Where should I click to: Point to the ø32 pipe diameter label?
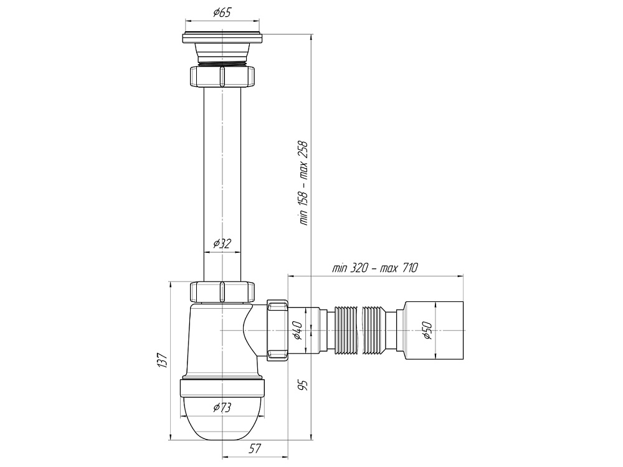(222, 243)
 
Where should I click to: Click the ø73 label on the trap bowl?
(222, 408)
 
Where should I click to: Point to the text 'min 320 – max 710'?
(374, 268)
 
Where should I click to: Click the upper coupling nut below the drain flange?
(222, 77)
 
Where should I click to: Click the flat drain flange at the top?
(222, 39)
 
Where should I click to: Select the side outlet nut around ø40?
(276, 329)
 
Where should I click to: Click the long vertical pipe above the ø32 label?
(222, 162)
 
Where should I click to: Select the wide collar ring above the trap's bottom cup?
(222, 388)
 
